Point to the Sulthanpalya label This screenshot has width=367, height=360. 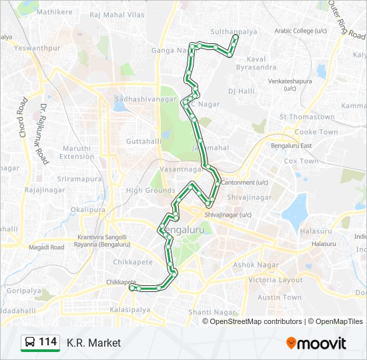(x=233, y=31)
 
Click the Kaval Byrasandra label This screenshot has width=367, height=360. (x=257, y=63)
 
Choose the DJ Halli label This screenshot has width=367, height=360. (x=242, y=91)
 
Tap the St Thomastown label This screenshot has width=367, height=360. (x=307, y=117)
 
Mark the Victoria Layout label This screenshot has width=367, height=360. (x=276, y=280)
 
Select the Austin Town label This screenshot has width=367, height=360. (x=280, y=297)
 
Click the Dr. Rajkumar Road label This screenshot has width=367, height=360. (x=43, y=133)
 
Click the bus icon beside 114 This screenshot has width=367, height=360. (x=30, y=343)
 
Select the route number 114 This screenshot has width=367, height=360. (x=48, y=342)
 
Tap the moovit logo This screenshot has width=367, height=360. (x=316, y=343)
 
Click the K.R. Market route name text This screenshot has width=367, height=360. (x=93, y=343)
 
